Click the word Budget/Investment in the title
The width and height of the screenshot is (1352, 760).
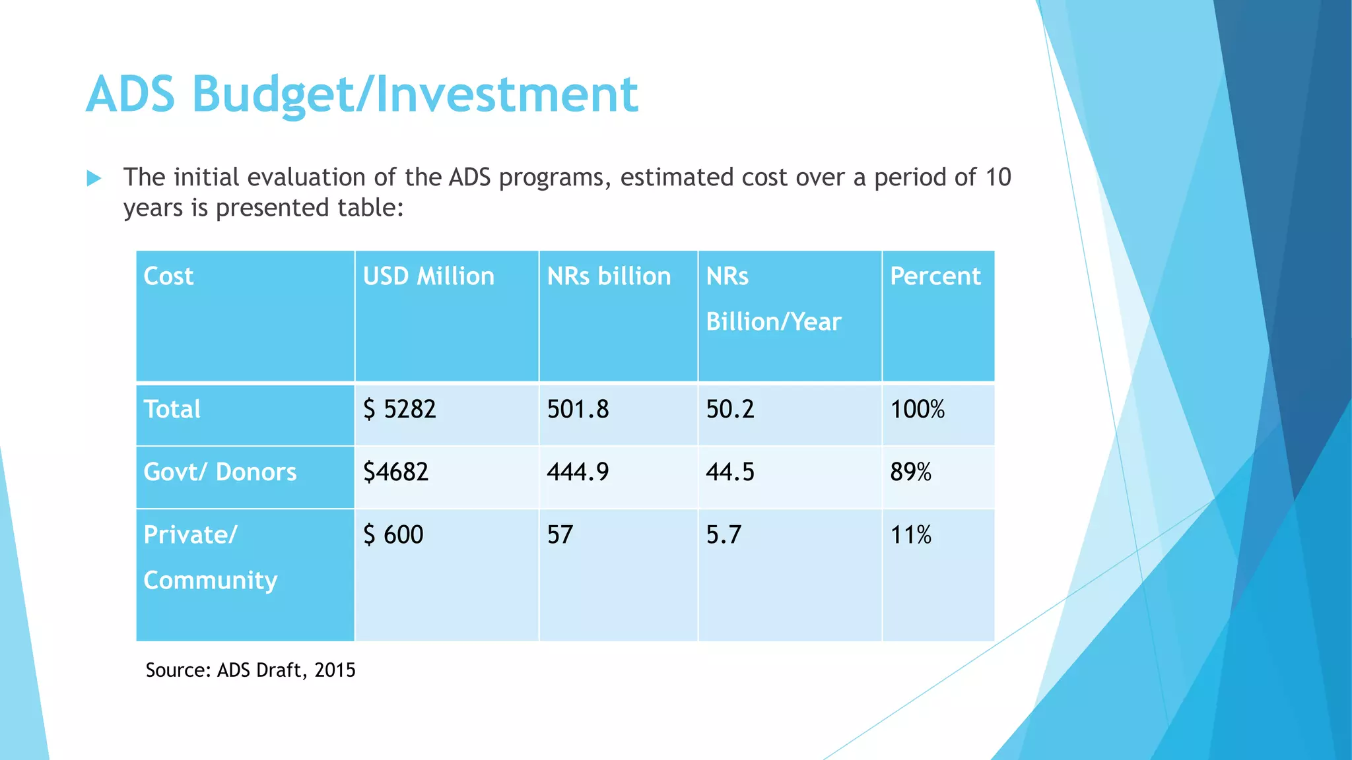(415, 95)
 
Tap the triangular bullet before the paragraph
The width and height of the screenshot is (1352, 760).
(94, 178)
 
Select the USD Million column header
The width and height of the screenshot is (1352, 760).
(428, 276)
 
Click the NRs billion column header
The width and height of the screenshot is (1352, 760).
(609, 276)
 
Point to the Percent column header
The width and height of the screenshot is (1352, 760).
(935, 276)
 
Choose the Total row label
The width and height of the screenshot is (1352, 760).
(172, 410)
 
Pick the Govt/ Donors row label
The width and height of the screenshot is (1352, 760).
(220, 472)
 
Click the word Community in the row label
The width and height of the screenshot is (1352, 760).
(211, 581)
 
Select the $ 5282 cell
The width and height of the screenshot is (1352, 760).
(399, 410)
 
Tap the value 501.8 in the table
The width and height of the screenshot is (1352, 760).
(578, 410)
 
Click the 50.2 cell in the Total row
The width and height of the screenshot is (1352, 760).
(729, 410)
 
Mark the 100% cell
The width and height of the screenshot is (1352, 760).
(917, 410)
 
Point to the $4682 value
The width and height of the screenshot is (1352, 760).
(395, 472)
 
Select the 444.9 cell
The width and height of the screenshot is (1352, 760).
(578, 472)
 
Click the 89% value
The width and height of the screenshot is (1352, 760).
(910, 472)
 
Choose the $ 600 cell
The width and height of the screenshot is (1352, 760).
(393, 535)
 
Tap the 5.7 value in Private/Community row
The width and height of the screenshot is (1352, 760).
(724, 535)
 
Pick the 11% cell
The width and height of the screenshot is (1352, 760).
(910, 535)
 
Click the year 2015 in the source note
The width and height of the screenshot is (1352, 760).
(335, 670)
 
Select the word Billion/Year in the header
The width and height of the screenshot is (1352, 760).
(773, 322)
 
